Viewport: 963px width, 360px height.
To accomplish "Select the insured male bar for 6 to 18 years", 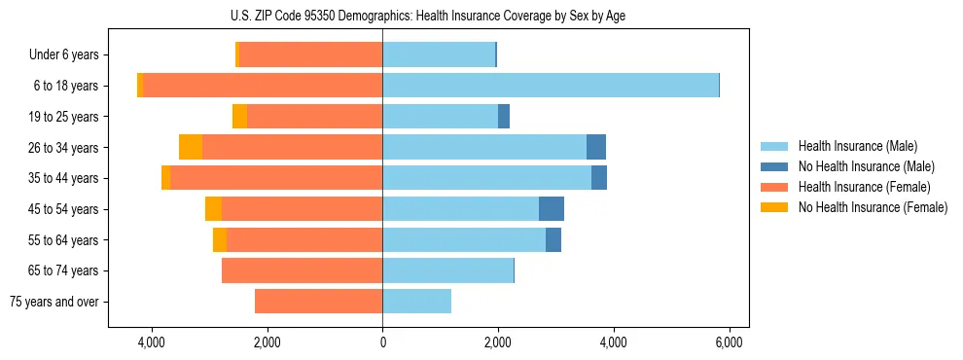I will tap(551, 86).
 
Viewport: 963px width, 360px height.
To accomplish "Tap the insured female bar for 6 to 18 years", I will tap(263, 86).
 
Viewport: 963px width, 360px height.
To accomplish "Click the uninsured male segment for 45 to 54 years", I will tap(552, 209).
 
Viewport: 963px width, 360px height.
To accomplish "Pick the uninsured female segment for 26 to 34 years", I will tap(191, 147).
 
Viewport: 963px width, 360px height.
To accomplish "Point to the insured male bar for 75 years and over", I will tap(416, 302).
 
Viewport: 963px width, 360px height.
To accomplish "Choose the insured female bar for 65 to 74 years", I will tap(302, 270).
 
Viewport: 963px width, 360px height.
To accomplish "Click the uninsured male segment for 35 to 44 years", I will tap(599, 178).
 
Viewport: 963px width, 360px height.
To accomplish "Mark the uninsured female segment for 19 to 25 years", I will tap(239, 117).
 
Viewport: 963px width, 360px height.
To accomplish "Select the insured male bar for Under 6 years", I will tap(439, 54).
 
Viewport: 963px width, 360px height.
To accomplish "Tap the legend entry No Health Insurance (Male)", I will tap(852, 166).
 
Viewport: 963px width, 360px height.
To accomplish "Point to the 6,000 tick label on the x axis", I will tap(730, 342).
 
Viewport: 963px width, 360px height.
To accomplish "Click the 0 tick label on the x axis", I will tap(382, 342).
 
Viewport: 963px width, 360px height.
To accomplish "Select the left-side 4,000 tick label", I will tap(152, 342).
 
